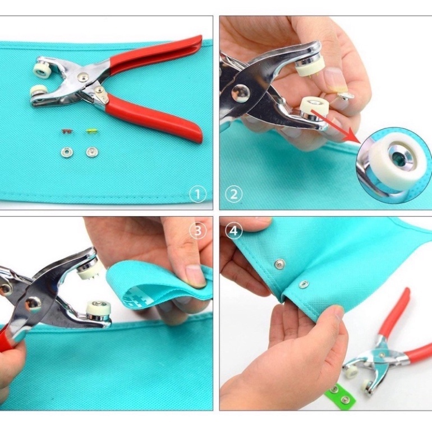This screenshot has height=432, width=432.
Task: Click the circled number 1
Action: point(197,194)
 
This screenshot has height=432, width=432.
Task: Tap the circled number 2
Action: point(233,194)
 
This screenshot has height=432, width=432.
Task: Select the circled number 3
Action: point(198,231)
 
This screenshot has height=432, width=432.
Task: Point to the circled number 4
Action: point(233,231)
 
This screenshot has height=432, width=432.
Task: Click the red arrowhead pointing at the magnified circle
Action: point(354,136)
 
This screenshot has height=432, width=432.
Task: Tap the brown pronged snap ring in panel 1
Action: point(67,131)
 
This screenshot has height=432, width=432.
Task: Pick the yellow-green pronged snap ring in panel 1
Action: point(91,131)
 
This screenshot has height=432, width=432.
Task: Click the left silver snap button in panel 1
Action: point(66,152)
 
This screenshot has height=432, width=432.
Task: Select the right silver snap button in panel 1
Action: point(92,152)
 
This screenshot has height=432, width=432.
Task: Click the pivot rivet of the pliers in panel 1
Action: point(83,77)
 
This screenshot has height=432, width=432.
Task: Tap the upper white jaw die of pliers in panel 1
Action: point(42,70)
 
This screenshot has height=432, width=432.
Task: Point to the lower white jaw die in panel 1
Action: point(38,91)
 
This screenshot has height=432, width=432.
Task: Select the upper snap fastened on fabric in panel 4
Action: point(279,264)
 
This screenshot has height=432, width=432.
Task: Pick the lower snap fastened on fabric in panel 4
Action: point(304,284)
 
